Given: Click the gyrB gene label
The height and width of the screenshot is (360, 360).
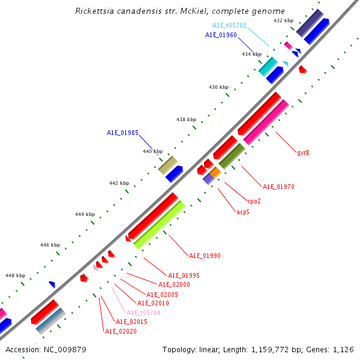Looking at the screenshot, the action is tap(303, 152).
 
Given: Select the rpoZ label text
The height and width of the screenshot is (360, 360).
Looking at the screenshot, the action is tap(254, 201).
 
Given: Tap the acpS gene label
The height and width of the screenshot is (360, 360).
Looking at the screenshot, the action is tap(243, 212).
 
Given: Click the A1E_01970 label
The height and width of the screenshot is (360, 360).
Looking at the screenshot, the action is tap(278, 187).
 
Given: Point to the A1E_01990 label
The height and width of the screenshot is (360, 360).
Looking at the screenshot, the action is tap(205, 256).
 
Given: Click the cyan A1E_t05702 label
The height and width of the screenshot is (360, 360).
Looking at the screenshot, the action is tap(229, 26).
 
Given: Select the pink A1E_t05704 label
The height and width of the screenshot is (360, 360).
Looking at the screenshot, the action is tap(143, 313).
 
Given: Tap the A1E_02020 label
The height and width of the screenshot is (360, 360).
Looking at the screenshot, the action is tap(121, 331).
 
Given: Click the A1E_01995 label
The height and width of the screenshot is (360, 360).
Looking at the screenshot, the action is tap(184, 275).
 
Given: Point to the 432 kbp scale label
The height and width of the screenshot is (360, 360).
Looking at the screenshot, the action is tap(283, 20).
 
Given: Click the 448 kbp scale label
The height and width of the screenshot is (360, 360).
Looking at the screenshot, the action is tap(16, 275).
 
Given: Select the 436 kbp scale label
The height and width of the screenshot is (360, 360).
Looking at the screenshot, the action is tap(218, 87).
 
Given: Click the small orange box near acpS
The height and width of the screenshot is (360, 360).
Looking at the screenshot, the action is tap(215, 172).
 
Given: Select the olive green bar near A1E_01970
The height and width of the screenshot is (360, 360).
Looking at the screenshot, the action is tap(231, 156).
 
